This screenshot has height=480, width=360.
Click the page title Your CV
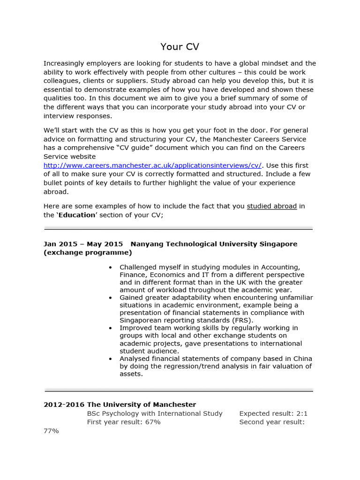(180, 46)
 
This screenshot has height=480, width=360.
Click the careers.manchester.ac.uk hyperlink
(153, 165)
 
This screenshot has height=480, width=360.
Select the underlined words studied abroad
(271, 206)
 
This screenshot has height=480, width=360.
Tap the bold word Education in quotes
(76, 215)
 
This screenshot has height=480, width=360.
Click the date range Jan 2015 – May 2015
(83, 244)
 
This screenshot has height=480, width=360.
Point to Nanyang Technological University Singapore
(214, 244)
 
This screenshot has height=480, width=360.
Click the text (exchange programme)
(88, 253)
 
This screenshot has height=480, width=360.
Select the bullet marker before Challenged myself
(110, 268)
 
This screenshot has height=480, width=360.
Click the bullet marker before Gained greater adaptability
(110, 298)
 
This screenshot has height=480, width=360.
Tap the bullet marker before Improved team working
(110, 328)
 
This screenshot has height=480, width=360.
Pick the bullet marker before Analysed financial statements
(110, 359)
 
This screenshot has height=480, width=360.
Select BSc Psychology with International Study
(155, 413)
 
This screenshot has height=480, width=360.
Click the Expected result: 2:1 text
(273, 413)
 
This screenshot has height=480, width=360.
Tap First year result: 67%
(124, 422)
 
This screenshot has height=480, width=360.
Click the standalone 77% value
(51, 431)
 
